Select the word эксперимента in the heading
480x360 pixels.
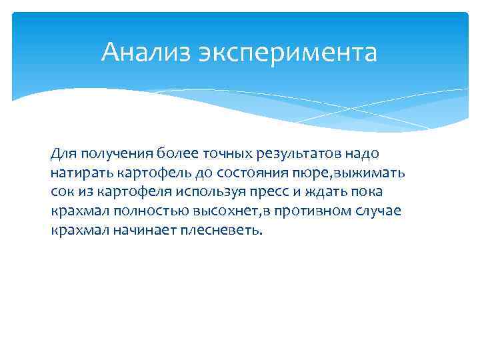click(287, 52)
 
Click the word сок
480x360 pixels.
click(63, 193)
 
